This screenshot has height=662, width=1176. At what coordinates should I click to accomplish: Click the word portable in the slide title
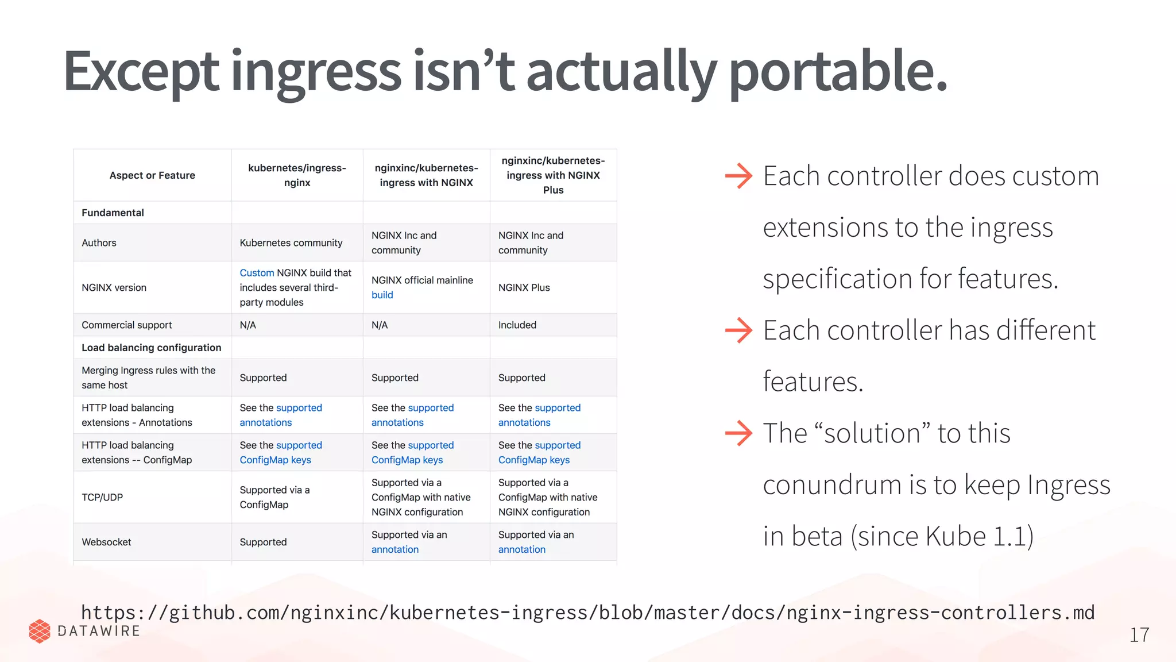(x=837, y=72)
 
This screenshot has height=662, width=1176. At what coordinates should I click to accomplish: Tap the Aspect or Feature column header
(x=152, y=175)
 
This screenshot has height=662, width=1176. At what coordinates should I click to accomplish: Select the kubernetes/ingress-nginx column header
(x=297, y=175)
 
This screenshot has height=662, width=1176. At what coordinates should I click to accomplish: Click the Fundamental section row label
(x=113, y=213)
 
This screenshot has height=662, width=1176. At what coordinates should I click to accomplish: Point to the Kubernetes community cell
(x=291, y=243)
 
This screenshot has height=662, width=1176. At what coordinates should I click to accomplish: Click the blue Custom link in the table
(x=257, y=273)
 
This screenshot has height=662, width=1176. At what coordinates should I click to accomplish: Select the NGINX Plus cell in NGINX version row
(x=524, y=288)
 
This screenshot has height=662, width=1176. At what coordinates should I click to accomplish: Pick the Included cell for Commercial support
(x=517, y=325)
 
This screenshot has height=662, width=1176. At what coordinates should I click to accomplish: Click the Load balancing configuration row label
(x=151, y=348)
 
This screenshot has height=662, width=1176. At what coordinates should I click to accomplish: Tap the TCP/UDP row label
(x=102, y=498)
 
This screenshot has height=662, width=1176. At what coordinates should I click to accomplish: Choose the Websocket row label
(x=106, y=542)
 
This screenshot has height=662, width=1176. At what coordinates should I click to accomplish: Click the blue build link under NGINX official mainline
(x=382, y=295)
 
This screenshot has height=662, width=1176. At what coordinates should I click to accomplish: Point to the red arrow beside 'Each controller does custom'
(x=738, y=176)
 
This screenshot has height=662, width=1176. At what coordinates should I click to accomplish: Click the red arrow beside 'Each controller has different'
(x=738, y=330)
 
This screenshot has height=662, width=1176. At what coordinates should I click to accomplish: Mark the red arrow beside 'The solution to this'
(x=738, y=433)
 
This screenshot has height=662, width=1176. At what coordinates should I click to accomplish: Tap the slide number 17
(x=1139, y=635)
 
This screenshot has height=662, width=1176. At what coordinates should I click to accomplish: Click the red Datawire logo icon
(x=40, y=631)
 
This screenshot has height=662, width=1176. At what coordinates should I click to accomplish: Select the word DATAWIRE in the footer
(x=99, y=631)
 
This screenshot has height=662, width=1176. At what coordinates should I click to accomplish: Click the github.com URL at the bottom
(x=587, y=613)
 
